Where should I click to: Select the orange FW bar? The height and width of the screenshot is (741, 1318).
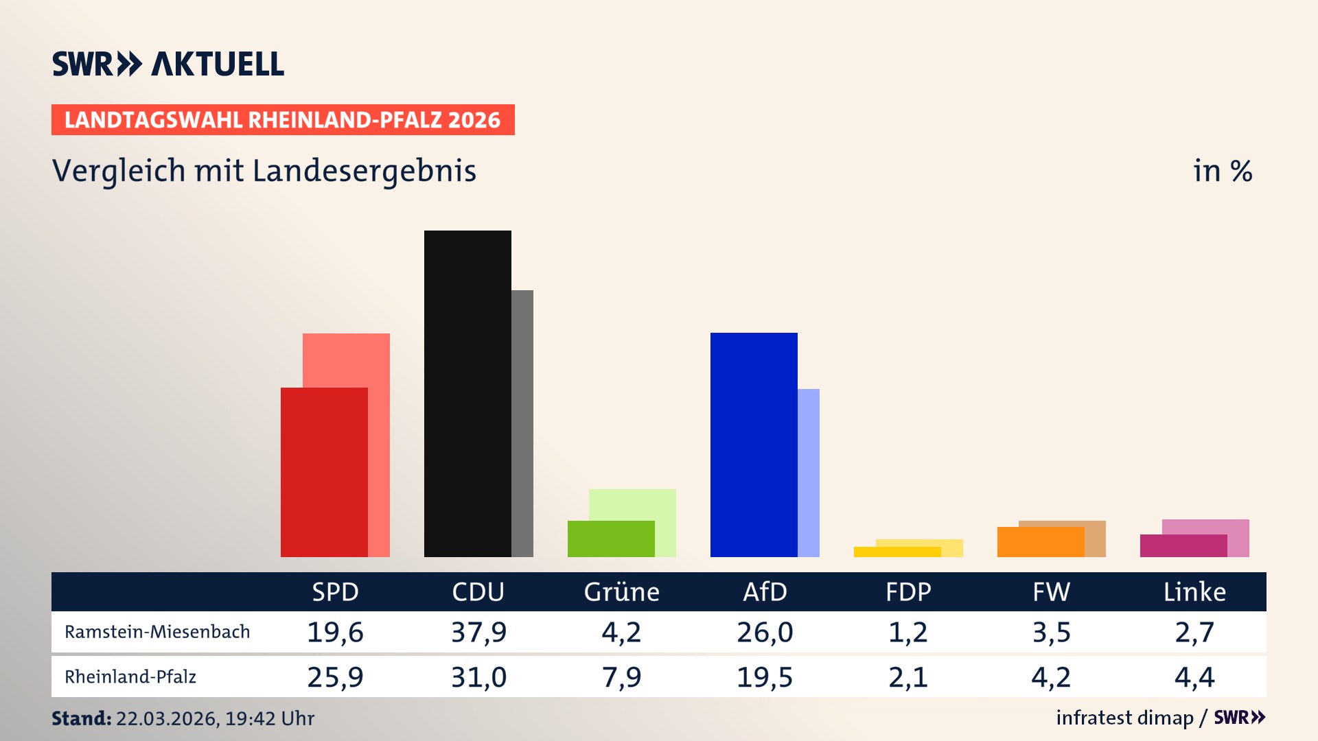(x=1041, y=541)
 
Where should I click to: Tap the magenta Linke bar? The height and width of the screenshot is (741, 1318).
(x=1183, y=545)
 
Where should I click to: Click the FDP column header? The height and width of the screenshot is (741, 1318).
(x=908, y=591)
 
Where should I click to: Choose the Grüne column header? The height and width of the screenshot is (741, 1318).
(x=621, y=591)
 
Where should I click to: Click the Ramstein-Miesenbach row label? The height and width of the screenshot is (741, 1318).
(x=157, y=632)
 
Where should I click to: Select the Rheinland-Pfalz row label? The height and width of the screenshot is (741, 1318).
(x=130, y=677)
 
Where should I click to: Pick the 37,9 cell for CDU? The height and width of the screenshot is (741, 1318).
(x=478, y=632)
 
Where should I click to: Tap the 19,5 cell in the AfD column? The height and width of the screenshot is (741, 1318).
(x=765, y=677)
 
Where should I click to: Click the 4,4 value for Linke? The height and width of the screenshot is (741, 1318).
(x=1194, y=677)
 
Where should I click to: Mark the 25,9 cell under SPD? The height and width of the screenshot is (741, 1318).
(x=335, y=677)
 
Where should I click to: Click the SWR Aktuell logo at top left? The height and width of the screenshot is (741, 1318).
(x=168, y=64)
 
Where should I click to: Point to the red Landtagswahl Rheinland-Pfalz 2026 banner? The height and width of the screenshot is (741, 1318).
(x=283, y=120)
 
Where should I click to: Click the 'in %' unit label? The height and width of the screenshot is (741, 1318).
(x=1223, y=172)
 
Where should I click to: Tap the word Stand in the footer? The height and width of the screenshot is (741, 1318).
(x=81, y=718)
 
